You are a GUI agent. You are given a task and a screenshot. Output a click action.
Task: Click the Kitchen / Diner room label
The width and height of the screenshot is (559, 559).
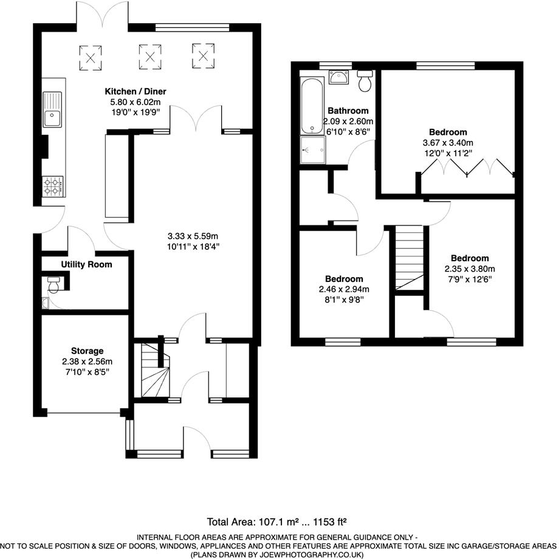click(134, 91)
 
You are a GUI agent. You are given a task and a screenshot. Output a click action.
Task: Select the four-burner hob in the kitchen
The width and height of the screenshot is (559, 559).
click(53, 186)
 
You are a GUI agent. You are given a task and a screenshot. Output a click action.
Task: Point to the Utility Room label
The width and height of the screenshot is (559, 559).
click(86, 264)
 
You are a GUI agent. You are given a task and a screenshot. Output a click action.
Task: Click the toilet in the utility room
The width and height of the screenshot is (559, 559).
click(54, 283)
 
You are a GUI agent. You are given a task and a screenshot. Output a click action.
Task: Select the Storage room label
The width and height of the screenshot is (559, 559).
click(86, 351)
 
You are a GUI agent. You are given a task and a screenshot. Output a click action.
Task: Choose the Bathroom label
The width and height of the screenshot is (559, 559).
click(348, 111)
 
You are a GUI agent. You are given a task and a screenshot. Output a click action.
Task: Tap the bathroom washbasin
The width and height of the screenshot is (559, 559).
click(336, 77)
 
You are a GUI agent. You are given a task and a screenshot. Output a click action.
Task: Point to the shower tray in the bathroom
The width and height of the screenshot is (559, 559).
click(312, 150)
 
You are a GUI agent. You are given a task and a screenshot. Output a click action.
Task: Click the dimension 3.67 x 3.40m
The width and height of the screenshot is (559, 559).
click(448, 143)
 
